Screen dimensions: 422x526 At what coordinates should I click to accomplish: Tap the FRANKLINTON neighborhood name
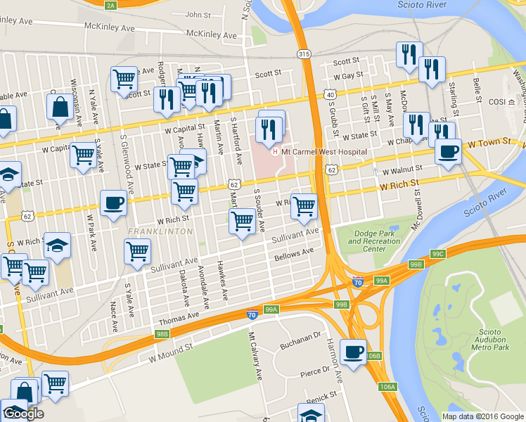tap(160, 231)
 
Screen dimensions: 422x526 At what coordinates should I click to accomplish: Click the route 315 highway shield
tap(303, 54)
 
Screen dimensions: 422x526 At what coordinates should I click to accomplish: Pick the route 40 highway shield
tap(329, 94)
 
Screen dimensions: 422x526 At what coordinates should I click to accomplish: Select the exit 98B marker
tap(162, 334)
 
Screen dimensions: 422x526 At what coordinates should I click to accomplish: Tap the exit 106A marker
tap(387, 387)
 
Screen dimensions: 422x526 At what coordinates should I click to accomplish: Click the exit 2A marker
tap(110, 6)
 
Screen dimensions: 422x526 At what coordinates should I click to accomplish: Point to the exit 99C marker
tap(438, 253)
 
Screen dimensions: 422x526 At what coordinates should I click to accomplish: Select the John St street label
tap(198, 15)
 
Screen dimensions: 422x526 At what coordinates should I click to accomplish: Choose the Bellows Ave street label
tap(293, 252)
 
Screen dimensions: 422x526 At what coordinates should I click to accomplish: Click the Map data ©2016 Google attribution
tap(482, 416)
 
